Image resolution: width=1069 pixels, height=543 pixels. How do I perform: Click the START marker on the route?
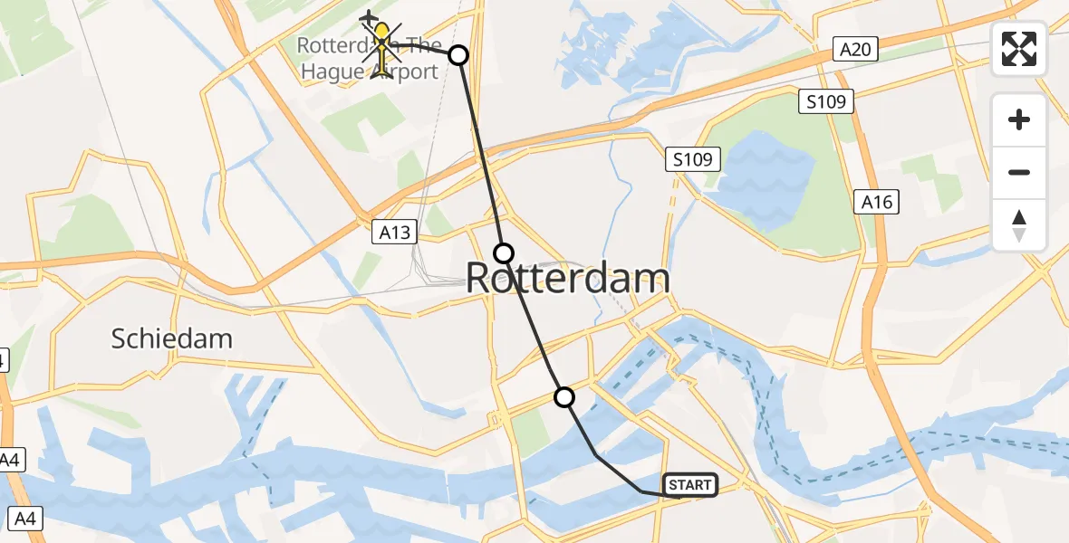690,485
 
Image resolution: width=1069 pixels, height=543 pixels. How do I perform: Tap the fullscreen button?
1019,49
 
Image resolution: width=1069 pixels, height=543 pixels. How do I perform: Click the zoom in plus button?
1019,119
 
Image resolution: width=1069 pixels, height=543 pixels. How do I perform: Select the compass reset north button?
1019,225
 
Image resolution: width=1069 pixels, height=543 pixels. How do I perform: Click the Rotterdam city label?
568,279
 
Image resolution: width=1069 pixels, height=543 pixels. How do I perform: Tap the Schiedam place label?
172,339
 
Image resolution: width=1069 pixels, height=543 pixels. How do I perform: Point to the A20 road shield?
855,49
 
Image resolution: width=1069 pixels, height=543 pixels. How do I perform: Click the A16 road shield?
877,202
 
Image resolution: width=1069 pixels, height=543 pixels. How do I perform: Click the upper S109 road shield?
826,101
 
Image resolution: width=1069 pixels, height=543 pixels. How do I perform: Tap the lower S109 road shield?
694,160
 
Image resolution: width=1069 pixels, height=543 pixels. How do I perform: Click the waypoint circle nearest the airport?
458,55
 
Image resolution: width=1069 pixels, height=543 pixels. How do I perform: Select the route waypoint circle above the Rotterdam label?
504,252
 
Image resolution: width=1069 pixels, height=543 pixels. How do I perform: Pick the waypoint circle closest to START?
564,396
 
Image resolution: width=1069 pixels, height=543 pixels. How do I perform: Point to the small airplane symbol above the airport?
369,18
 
